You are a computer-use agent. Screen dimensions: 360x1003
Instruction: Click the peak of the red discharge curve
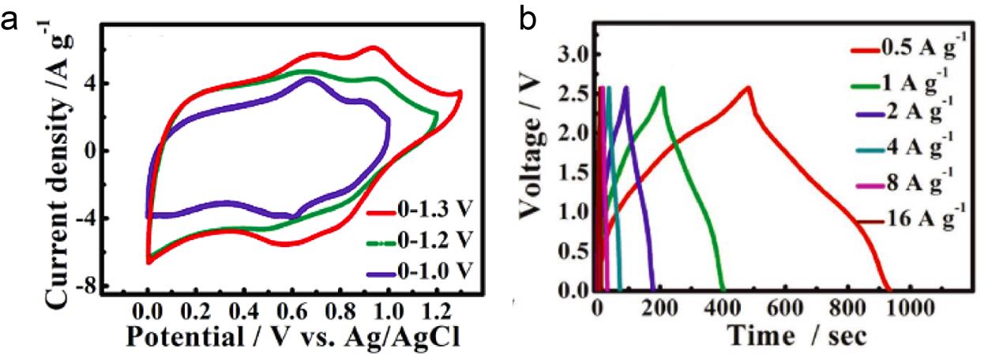click(747, 87)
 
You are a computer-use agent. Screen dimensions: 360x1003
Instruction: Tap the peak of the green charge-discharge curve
click(662, 87)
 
